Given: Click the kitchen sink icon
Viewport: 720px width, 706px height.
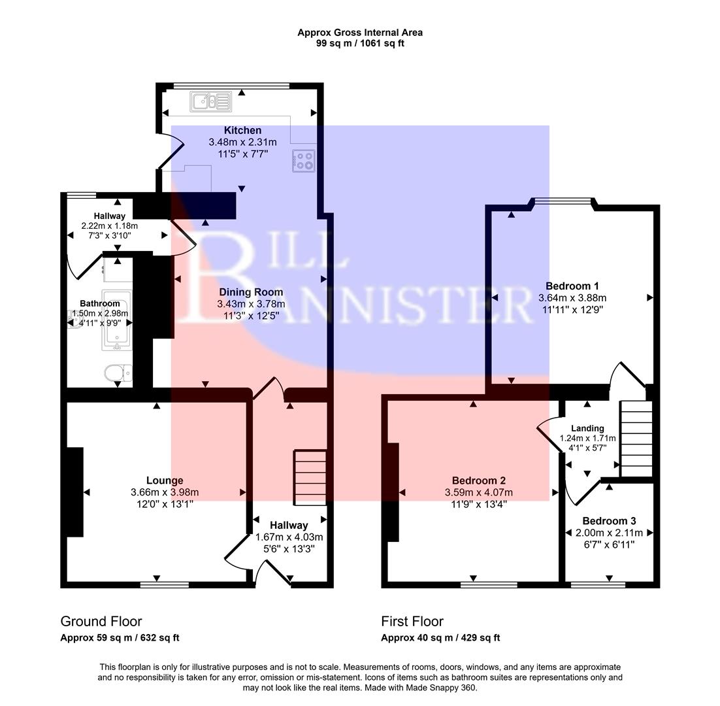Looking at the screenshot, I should [x=211, y=101].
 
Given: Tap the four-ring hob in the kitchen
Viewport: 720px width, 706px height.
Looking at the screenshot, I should [x=304, y=161].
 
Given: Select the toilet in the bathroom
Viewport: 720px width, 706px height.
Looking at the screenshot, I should [x=118, y=373].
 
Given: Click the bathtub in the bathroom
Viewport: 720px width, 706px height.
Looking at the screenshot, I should [x=116, y=320].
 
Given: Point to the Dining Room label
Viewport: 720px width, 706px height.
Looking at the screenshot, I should [x=251, y=292].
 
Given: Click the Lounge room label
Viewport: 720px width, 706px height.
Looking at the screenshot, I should [x=165, y=480].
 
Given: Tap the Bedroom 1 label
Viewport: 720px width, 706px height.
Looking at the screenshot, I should [x=572, y=286].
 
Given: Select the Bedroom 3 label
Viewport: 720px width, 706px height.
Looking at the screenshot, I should [x=609, y=521].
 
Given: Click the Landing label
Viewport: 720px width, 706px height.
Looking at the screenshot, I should [x=587, y=428].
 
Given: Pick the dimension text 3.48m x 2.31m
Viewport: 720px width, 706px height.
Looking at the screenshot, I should [x=242, y=142].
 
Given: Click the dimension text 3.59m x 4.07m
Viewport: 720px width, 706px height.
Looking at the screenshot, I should [x=479, y=492].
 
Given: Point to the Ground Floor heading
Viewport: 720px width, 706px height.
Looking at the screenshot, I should [x=101, y=621].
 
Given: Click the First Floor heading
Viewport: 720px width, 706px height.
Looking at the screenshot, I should [x=412, y=621].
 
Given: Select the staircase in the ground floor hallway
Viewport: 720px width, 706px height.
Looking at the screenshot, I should [x=310, y=477].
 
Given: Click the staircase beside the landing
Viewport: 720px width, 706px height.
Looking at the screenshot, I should [x=636, y=439].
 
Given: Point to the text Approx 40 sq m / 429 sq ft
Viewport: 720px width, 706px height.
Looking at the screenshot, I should [x=440, y=638].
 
